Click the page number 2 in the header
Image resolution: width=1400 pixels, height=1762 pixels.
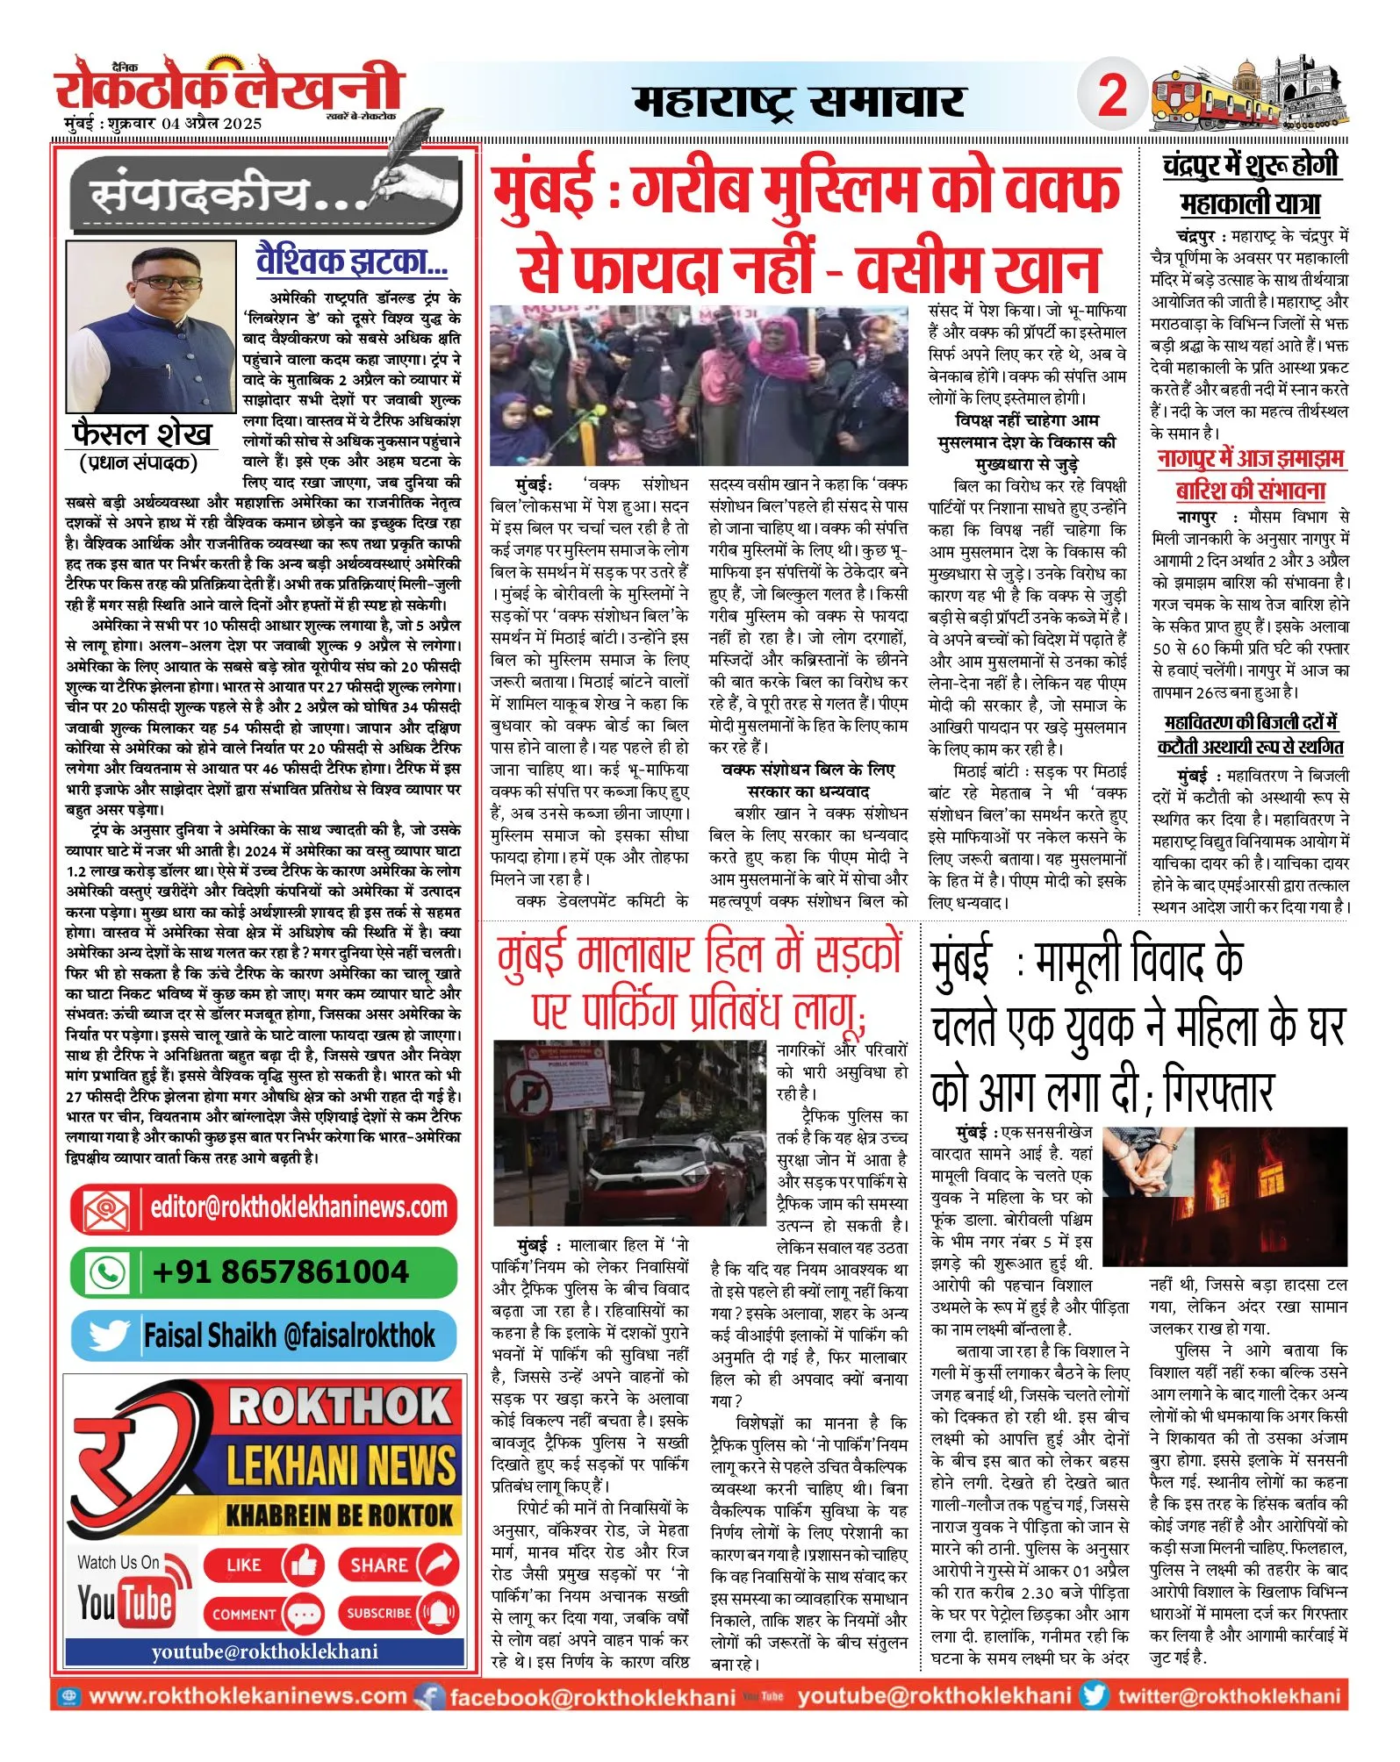pos(1112,95)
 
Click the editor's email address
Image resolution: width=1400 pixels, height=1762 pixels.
pos(298,1208)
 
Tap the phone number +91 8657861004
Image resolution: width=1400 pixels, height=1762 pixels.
pos(280,1271)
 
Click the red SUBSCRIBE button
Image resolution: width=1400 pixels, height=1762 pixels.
pos(399,1613)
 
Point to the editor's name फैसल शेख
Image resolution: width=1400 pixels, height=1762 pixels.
pos(142,434)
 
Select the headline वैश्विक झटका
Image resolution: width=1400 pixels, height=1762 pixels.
pos(352,261)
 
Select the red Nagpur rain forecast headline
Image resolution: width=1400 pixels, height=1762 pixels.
pos(1250,474)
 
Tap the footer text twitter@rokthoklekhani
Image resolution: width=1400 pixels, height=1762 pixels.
pos(1229,1696)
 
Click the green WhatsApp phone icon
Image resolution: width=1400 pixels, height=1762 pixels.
pos(107,1271)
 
